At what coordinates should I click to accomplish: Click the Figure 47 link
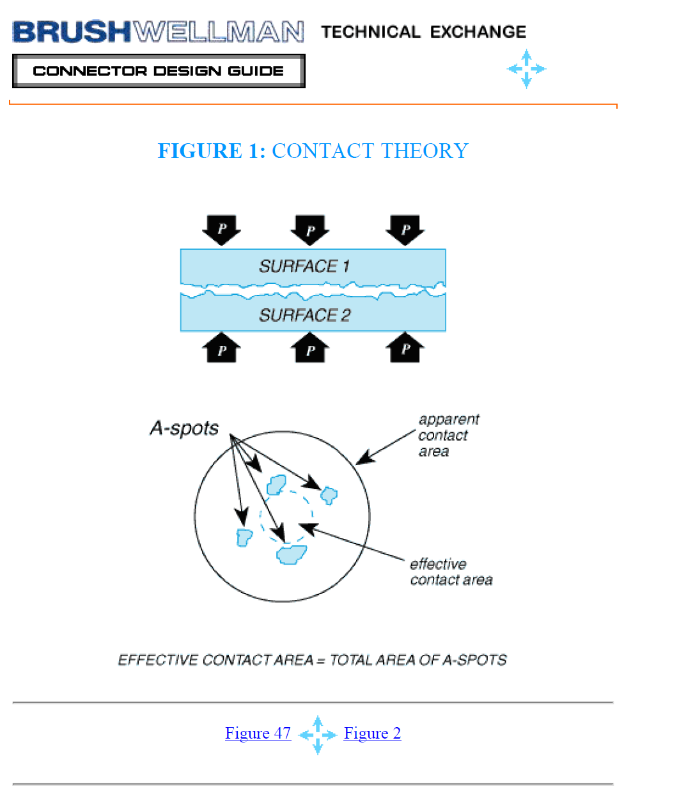coord(258,733)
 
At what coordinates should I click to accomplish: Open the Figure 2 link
coord(372,733)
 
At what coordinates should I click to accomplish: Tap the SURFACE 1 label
coord(304,266)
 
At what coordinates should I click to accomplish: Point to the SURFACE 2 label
coord(305,315)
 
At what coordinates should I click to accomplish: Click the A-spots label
coord(184,429)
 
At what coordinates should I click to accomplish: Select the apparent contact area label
coord(449,435)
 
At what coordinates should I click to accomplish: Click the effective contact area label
coord(451,572)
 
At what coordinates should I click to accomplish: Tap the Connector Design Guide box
coord(159,71)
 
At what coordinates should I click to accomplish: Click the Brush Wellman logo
coord(158,31)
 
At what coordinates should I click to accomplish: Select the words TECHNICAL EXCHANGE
coord(424,32)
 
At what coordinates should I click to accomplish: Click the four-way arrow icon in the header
coord(526,69)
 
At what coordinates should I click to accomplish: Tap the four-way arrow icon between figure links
coord(318,735)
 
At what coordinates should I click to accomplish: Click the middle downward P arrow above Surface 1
coord(309,230)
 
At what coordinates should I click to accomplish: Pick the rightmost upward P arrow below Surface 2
coord(405,347)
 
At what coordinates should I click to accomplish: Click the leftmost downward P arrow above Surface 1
coord(221,230)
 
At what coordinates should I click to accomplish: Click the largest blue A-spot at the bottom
coord(292,554)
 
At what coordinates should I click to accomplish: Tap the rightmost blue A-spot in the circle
coord(329,496)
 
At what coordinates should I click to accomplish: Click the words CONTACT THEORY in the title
coord(370,150)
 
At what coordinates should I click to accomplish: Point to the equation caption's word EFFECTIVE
coord(158,661)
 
